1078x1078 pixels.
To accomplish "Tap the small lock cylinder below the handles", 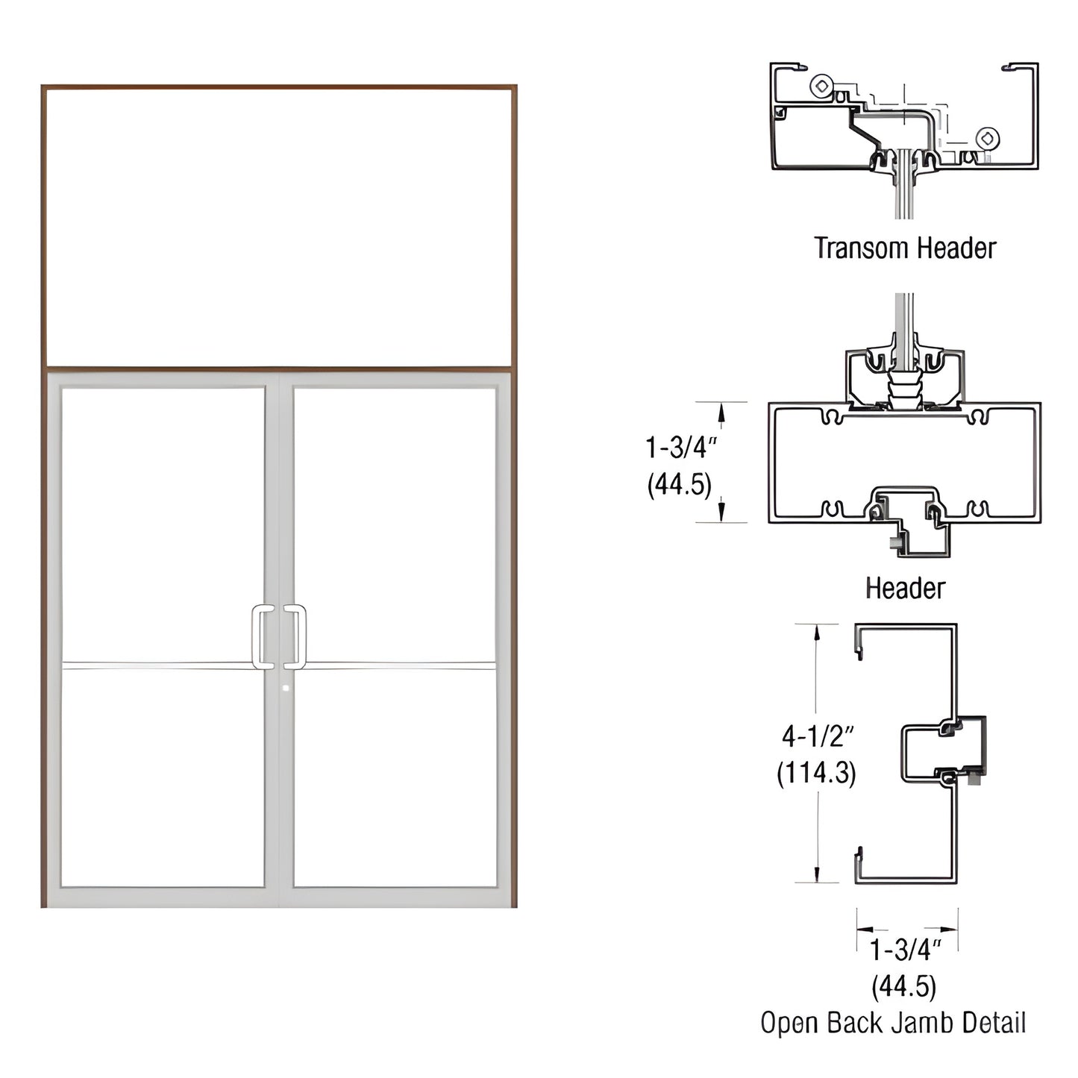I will [286, 688].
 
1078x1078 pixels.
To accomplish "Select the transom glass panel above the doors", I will [279, 227].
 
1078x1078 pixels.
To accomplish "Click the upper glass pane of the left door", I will [163, 522].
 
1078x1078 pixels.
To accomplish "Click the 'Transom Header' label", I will [905, 248].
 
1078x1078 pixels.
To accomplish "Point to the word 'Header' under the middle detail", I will [905, 588].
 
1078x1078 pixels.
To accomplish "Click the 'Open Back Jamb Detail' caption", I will [893, 1022].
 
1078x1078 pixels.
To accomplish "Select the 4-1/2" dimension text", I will [817, 736].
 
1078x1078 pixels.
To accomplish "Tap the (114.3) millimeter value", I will [816, 772].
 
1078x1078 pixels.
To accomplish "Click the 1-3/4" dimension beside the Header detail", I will [680, 448].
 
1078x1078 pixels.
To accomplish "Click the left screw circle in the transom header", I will [821, 86].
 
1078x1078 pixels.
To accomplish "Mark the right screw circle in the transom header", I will [987, 138].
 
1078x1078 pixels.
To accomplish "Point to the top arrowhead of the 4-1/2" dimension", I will [817, 631].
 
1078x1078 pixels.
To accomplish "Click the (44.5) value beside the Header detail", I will [679, 485].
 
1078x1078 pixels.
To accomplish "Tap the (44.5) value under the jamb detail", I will [903, 986].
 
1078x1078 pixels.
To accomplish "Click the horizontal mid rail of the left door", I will [163, 665].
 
